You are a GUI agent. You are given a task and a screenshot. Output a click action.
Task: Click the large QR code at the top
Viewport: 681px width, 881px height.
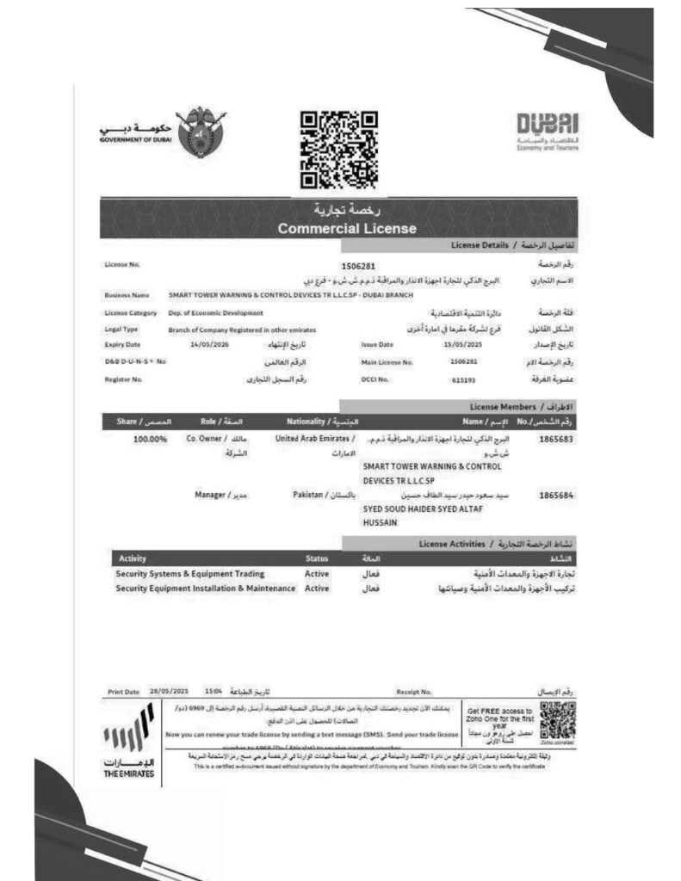(338, 150)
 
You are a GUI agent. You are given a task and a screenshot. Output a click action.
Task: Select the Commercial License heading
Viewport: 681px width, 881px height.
(347, 229)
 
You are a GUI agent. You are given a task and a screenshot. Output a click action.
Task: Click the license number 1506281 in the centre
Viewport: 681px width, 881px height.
(359, 267)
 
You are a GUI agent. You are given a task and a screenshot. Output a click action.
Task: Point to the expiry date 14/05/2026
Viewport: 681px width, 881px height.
(195, 345)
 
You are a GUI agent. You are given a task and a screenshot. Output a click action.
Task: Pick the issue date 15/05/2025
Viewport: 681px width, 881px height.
(461, 345)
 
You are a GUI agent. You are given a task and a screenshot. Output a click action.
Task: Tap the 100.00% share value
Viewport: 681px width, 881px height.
(151, 439)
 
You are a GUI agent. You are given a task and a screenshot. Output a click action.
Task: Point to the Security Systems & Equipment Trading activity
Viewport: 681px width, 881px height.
(190, 573)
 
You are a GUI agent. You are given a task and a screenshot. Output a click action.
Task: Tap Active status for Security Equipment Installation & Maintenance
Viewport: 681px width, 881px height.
(317, 588)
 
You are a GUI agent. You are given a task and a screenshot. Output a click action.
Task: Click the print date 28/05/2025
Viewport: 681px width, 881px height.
(169, 691)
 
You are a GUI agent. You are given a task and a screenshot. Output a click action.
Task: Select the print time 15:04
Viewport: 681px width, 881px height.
(214, 691)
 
